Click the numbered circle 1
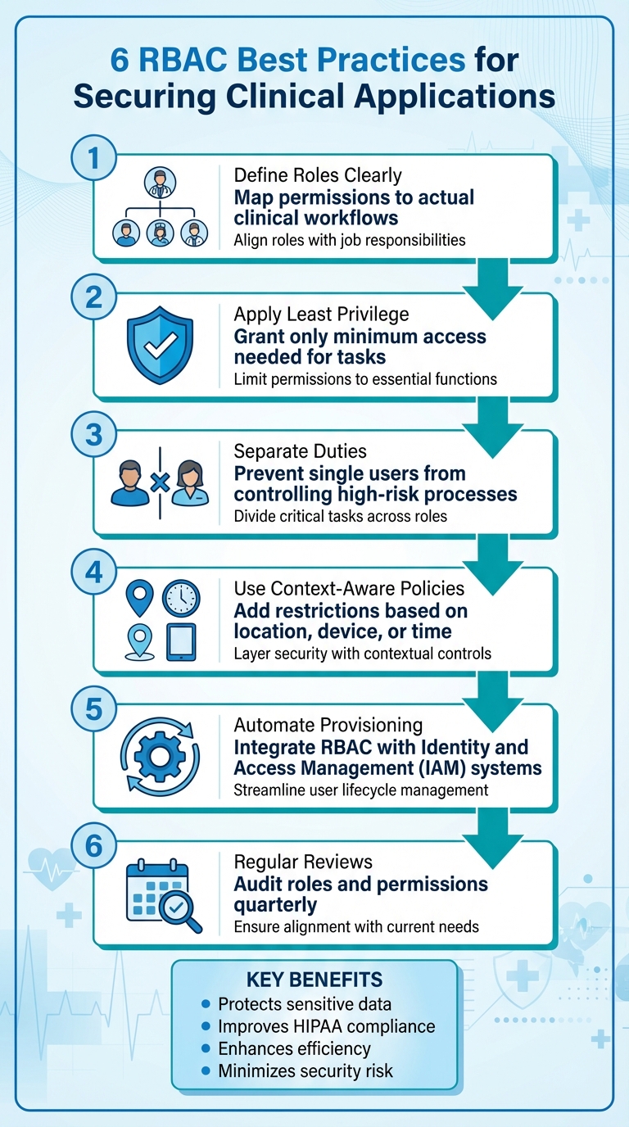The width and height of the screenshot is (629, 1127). (x=93, y=157)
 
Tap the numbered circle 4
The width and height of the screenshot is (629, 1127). (x=93, y=572)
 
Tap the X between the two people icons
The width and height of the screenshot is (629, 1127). (x=161, y=482)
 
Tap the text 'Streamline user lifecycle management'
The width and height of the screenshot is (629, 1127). (x=361, y=790)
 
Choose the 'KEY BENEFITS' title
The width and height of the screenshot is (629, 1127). (x=314, y=980)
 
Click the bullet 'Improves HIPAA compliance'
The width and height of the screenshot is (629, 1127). (x=326, y=1026)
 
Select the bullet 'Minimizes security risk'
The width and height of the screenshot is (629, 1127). (x=305, y=1070)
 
